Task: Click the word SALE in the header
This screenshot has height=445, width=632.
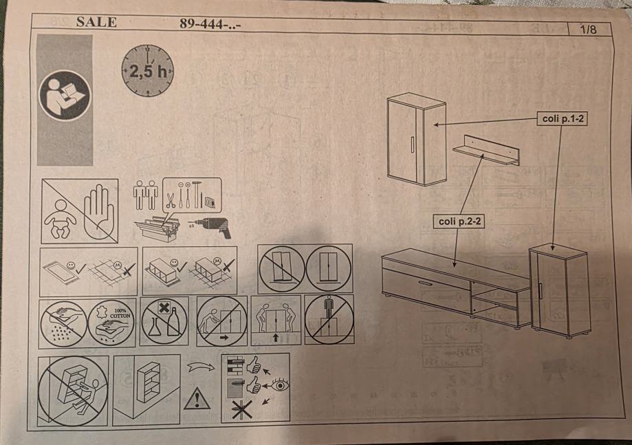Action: [x=96, y=22]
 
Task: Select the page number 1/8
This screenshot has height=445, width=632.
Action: [x=588, y=30]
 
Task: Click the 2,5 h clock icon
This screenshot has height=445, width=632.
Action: [x=148, y=71]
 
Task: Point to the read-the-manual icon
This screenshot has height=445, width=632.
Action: [x=65, y=96]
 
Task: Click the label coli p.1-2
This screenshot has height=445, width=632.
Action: [x=563, y=118]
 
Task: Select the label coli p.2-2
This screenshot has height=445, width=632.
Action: [x=459, y=221]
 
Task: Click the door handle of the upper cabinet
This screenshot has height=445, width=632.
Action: [x=413, y=144]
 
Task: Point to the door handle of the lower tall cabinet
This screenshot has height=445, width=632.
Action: [x=540, y=291]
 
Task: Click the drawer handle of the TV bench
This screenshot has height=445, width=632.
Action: [x=425, y=283]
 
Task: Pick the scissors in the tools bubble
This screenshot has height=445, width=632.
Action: [x=171, y=200]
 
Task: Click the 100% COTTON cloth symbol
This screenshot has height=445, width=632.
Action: [x=111, y=323]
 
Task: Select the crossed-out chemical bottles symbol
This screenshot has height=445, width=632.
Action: [x=164, y=322]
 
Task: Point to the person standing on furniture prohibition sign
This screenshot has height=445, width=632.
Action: [x=329, y=319]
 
